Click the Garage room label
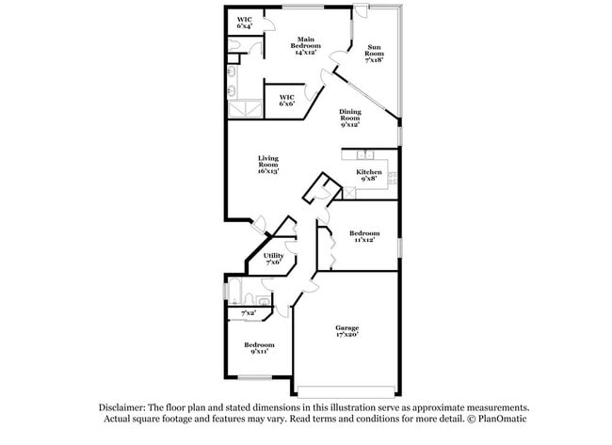tap(347, 331)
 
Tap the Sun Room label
tap(374, 54)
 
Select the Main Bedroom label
tap(306, 46)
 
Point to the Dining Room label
tap(349, 119)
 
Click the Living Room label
tap(268, 165)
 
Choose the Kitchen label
tap(369, 175)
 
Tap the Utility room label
tap(273, 259)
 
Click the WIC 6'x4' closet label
tap(245, 23)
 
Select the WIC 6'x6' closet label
tap(287, 101)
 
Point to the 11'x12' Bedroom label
tap(364, 236)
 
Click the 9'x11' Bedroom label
tap(259, 348)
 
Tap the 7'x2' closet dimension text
tap(249, 312)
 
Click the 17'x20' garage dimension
tap(347, 335)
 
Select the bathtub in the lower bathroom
tap(235, 292)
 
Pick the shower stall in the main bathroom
tap(245, 109)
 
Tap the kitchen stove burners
tap(393, 178)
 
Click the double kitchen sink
tap(365, 155)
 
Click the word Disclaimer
tap(122, 407)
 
